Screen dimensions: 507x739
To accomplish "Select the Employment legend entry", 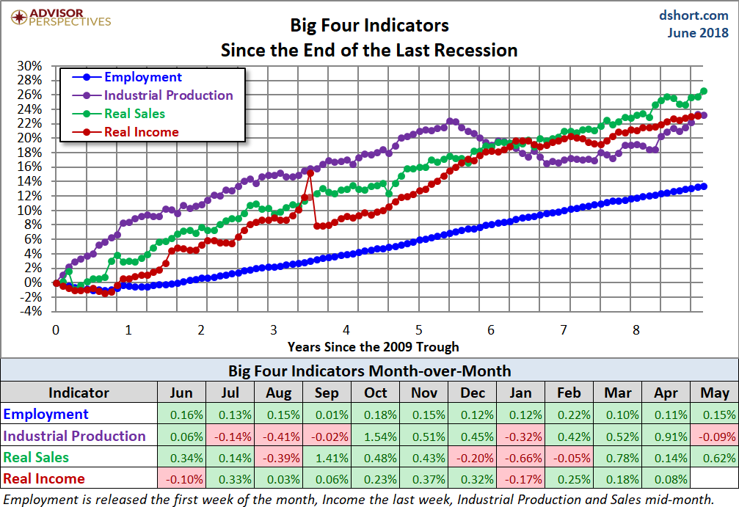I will point(143,77).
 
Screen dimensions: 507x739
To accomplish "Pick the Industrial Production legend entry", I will point(168,95).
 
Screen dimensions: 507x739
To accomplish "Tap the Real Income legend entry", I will point(141,132).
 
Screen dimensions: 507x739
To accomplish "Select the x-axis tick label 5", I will point(418,330).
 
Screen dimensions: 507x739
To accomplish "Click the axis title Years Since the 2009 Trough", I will point(374,346).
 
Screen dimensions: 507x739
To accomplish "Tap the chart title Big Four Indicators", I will point(369,26).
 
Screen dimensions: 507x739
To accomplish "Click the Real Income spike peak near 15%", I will point(310,172).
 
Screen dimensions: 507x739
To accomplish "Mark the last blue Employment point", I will point(704,186).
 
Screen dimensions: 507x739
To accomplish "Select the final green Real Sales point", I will point(704,91).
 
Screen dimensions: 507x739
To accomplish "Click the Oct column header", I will point(375,393).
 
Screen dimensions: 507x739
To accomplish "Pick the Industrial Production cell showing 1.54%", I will point(375,436).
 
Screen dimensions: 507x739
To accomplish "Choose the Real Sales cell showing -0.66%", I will point(520,457).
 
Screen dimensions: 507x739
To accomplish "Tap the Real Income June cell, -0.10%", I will point(182,479).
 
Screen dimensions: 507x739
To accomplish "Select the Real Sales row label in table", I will point(37,457).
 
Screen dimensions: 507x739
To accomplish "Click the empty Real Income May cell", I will point(713,479).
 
